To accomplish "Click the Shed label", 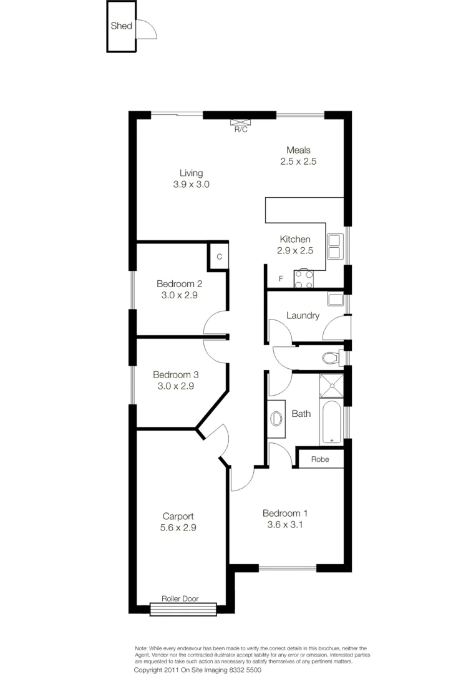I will click(x=121, y=26).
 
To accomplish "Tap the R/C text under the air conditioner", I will click(x=241, y=130).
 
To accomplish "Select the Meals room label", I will click(x=298, y=150).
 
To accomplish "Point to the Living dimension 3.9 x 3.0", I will click(x=192, y=185).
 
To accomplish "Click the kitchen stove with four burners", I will click(x=304, y=280).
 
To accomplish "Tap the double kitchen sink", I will click(x=334, y=246).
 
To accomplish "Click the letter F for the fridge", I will click(x=281, y=278).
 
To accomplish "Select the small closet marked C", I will click(x=219, y=256).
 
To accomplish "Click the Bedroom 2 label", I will click(x=179, y=283).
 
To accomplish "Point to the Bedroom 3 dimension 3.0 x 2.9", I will click(x=175, y=386).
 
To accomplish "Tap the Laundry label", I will click(x=303, y=316).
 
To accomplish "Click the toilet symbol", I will click(x=330, y=358).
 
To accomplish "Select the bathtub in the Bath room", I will click(x=331, y=422).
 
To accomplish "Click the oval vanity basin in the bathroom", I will click(x=276, y=418).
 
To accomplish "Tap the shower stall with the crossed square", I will click(x=331, y=385).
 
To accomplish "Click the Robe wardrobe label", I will click(x=319, y=459).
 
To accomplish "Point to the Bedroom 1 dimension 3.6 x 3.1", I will click(x=284, y=525).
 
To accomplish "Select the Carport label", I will click(x=178, y=516).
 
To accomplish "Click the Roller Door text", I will click(x=180, y=598).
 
